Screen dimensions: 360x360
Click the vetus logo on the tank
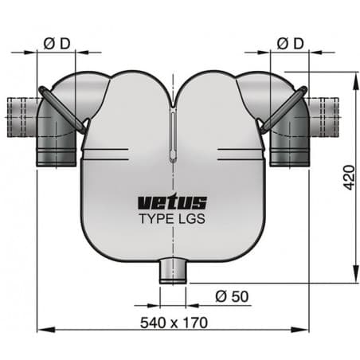coord(173,202)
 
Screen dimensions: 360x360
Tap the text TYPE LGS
coord(173,217)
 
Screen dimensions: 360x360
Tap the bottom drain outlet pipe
coord(173,272)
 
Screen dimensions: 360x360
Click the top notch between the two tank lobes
coord(173,101)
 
